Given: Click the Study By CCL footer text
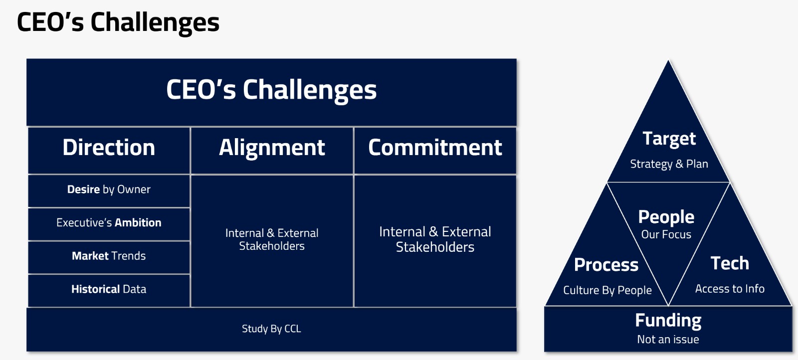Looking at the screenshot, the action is tap(271, 329).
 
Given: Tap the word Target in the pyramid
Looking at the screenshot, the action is tap(669, 139).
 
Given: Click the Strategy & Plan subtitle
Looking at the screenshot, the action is tap(669, 164).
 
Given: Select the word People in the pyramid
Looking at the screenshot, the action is tap(666, 217).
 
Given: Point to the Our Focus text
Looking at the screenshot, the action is tap(666, 234).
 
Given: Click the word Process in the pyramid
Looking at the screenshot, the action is tap(606, 265).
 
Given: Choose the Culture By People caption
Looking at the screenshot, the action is tap(607, 290).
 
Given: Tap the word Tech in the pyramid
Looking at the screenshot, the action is tap(730, 263).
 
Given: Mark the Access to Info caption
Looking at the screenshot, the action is tap(730, 288).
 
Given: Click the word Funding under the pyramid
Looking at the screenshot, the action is tap(668, 321).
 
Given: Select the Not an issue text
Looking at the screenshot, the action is tap(668, 340).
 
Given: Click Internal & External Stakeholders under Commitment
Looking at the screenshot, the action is tap(435, 239).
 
